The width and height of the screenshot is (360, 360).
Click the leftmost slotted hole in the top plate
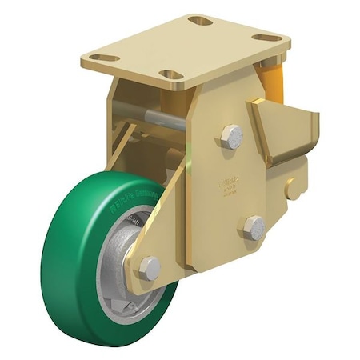click(103, 58)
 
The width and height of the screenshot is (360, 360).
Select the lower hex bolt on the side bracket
click(253, 227)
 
